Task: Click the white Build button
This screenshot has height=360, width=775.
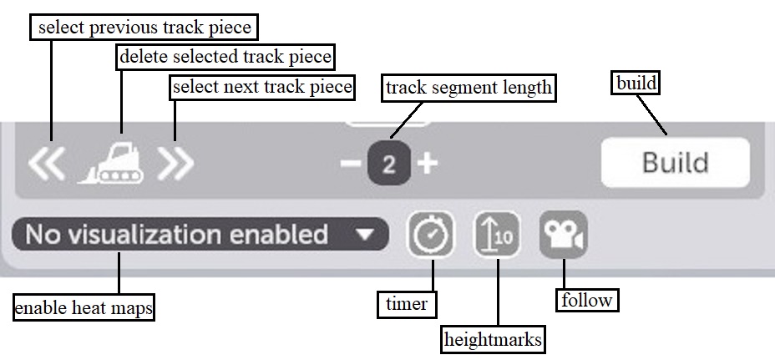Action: [x=675, y=162]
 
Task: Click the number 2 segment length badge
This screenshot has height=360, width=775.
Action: [x=388, y=164]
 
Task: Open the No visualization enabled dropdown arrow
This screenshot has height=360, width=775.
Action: [x=365, y=235]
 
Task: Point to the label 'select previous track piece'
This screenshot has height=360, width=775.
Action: [x=144, y=28]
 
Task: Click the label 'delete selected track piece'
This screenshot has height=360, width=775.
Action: [x=225, y=58]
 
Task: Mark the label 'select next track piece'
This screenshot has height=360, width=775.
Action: [x=262, y=86]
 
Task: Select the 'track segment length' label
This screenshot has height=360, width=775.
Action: [x=469, y=87]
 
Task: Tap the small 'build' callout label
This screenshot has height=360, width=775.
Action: [x=636, y=84]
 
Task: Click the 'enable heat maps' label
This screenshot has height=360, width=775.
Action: [x=84, y=308]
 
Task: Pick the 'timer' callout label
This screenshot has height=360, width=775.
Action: [x=407, y=304]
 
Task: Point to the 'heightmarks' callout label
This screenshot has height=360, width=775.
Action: [x=494, y=339]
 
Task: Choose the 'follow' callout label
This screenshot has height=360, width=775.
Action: [x=587, y=300]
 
